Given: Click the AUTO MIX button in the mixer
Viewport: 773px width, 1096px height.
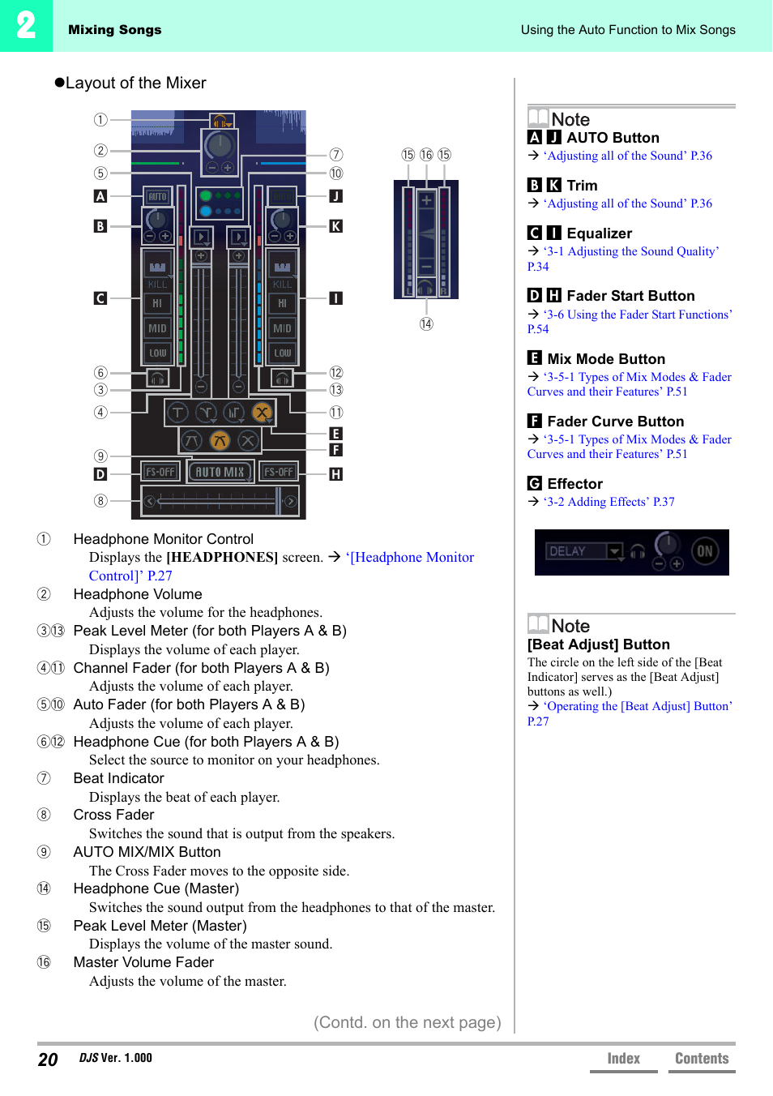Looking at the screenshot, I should (x=220, y=472).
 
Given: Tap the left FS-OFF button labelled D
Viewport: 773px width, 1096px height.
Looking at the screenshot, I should (x=160, y=472).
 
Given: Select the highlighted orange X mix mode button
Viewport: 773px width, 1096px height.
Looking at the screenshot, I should (x=262, y=413).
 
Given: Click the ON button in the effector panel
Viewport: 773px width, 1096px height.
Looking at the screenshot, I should (x=705, y=551).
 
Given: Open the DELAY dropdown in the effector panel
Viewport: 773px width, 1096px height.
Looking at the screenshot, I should (x=615, y=552).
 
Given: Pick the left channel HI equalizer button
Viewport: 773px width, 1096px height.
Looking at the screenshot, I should (x=157, y=303).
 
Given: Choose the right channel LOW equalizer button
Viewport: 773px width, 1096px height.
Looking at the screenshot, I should (x=282, y=353).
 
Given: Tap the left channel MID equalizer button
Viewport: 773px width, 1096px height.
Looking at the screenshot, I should (x=157, y=328).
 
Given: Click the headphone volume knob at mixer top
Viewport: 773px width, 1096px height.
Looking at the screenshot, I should (x=219, y=146).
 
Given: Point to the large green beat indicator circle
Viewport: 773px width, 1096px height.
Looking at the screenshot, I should (x=206, y=196).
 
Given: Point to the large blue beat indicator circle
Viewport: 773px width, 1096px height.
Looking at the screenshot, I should (x=206, y=211).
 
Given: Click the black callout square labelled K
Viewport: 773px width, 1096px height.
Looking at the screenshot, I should (x=335, y=226).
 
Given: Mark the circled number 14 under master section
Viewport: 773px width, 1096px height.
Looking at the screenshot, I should (x=426, y=324).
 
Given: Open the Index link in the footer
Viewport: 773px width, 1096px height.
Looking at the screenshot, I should (x=623, y=1059).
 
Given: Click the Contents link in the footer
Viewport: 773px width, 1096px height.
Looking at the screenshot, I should (x=702, y=1059).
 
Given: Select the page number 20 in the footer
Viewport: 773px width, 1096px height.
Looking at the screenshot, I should (x=48, y=1060).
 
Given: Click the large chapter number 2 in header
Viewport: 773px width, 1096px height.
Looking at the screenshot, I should (x=26, y=26).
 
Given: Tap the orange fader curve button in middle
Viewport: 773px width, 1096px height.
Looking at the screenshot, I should (x=220, y=441).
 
